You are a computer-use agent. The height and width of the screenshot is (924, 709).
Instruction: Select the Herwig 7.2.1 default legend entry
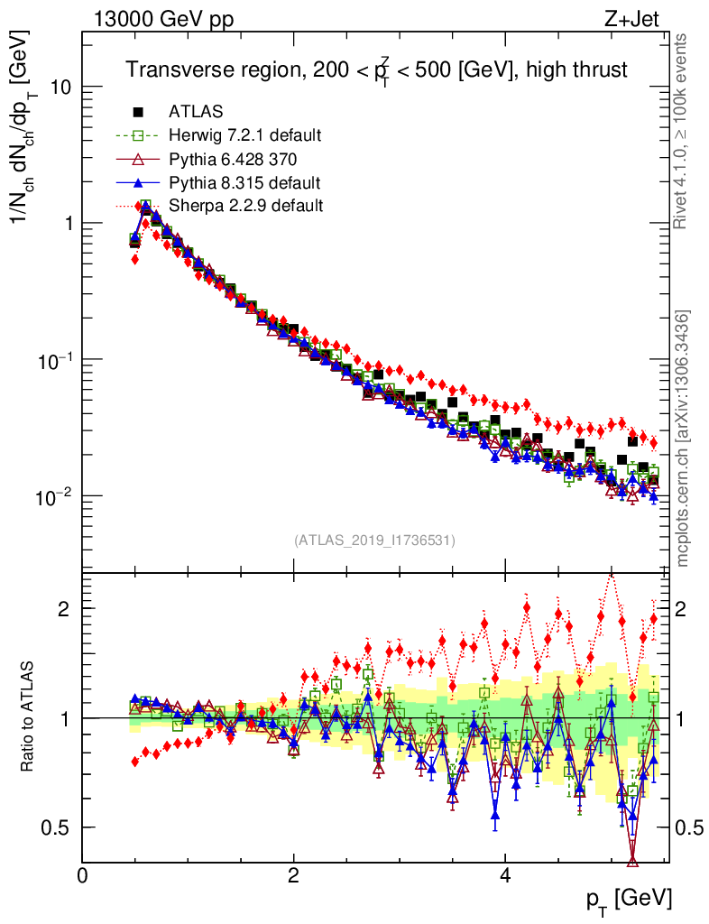point(244,136)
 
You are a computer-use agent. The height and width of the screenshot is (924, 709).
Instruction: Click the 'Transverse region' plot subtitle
point(375,70)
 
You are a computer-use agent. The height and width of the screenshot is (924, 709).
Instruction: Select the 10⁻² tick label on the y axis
point(54,495)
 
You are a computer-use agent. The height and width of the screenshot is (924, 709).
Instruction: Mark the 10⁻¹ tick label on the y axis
point(54,359)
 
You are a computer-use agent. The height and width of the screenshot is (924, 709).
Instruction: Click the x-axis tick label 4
point(505,876)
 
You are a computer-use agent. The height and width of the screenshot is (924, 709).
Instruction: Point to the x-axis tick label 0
point(83,876)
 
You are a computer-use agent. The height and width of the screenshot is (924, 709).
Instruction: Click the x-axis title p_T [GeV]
point(630,900)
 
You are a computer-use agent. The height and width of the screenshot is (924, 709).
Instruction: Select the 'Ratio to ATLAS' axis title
point(27,717)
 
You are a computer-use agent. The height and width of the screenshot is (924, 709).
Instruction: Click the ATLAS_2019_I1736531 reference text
point(374,541)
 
